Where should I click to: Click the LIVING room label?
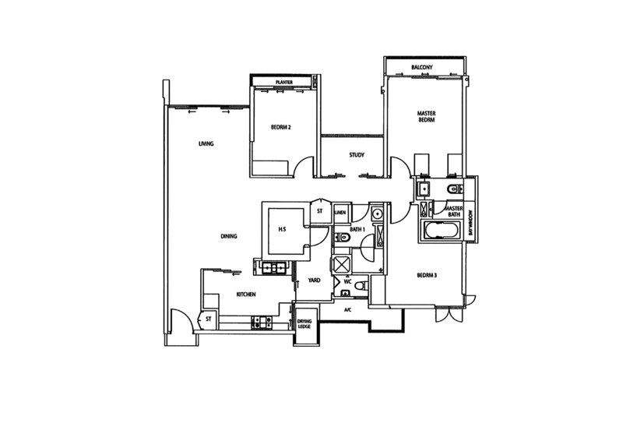pyautogui.click(x=206, y=143)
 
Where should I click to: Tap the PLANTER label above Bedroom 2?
pyautogui.click(x=283, y=82)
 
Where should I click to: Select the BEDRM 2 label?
pyautogui.click(x=280, y=126)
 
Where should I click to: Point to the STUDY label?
pyautogui.click(x=357, y=155)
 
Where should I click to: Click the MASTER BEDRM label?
pyautogui.click(x=425, y=117)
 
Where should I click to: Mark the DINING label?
pyautogui.click(x=229, y=235)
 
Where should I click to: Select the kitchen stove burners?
pyautogui.click(x=260, y=319)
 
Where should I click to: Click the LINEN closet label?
pyautogui.click(x=341, y=210)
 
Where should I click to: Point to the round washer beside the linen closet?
pyautogui.click(x=377, y=211)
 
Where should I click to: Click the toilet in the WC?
pyautogui.click(x=359, y=287)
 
